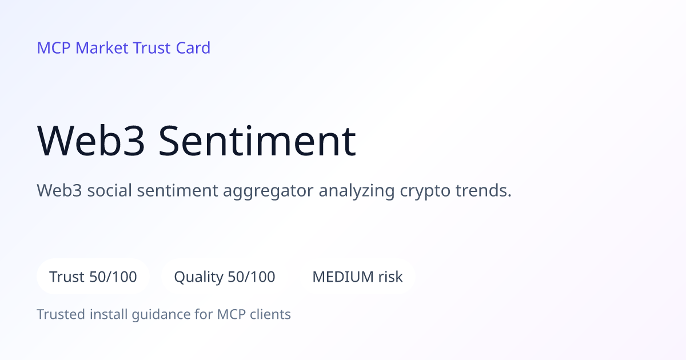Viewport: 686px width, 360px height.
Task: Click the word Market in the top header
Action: [x=102, y=48]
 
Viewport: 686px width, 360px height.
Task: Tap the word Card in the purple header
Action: [x=193, y=48]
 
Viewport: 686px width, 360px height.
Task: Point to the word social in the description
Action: [x=109, y=190]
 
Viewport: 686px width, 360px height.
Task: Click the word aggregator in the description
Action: [x=268, y=191]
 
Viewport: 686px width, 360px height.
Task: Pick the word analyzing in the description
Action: [x=357, y=191]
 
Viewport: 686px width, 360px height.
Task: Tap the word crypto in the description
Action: [x=425, y=191]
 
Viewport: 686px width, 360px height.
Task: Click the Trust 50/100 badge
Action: [x=93, y=277]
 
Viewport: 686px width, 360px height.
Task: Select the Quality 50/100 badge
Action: [x=225, y=277]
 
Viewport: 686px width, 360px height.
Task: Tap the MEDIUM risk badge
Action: [x=357, y=277]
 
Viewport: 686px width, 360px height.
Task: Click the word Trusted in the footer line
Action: [x=61, y=314]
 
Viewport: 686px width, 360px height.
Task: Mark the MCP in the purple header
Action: [x=54, y=48]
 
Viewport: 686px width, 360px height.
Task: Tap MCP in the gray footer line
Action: [x=231, y=314]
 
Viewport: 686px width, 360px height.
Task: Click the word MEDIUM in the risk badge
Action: [x=342, y=277]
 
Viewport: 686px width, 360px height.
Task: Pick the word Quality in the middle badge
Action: [x=199, y=277]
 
